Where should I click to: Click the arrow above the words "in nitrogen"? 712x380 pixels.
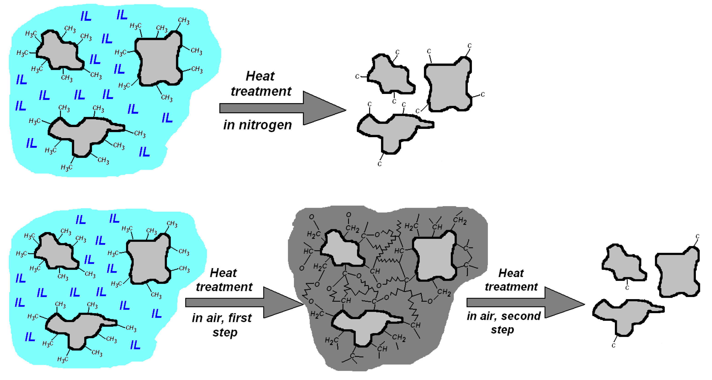click(282, 108)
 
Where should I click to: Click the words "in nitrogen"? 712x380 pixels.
click(258, 125)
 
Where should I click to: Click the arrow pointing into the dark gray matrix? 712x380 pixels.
click(243, 302)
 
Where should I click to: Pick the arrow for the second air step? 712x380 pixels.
click(525, 302)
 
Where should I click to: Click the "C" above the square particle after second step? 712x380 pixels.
click(697, 236)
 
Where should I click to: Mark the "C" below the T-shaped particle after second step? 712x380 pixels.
click(613, 346)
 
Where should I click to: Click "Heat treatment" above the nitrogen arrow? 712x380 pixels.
click(261, 84)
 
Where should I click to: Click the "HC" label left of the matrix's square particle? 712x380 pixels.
click(399, 251)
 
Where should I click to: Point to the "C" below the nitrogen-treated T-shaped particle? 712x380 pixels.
click(380, 164)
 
